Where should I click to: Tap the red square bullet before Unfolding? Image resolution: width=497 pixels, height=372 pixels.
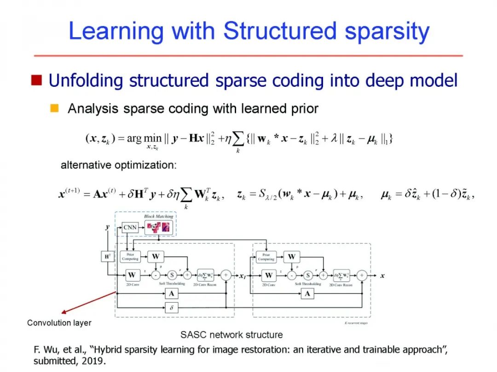(36, 81)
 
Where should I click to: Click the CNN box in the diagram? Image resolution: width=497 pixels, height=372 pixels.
(131, 227)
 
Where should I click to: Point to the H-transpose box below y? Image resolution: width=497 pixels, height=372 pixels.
(107, 257)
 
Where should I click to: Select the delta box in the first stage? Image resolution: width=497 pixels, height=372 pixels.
(171, 308)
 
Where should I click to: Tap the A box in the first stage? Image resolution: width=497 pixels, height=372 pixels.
(171, 293)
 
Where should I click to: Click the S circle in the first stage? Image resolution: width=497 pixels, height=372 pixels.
(172, 275)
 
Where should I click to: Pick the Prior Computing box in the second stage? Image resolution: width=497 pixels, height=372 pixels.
(266, 257)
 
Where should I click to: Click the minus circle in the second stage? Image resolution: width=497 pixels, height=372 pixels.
(291, 275)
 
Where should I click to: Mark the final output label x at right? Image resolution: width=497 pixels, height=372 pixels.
(382, 276)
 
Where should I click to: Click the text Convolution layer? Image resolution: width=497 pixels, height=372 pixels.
(59, 323)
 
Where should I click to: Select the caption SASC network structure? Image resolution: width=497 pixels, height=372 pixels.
(231, 334)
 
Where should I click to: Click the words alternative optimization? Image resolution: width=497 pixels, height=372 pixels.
(118, 165)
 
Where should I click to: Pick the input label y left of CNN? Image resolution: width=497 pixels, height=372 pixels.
(108, 227)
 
